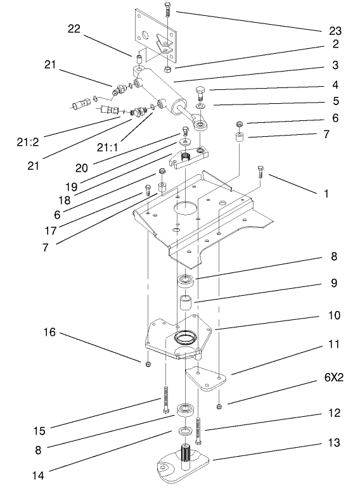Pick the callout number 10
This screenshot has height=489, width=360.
(333, 315)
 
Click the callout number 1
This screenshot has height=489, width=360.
(326, 194)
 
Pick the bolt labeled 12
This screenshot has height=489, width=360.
(200, 431)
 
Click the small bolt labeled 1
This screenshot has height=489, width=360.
(260, 170)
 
